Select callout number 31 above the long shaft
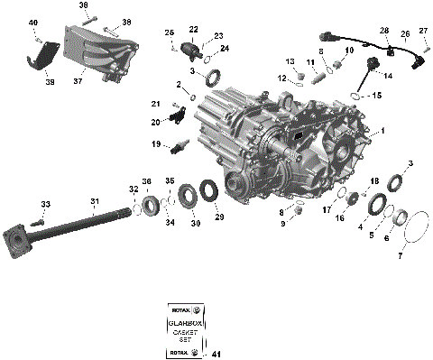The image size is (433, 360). [94, 201]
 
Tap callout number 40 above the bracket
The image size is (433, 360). [33, 22]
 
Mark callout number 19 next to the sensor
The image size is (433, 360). [155, 143]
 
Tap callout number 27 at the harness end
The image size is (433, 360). [423, 32]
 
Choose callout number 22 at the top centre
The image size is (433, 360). [193, 29]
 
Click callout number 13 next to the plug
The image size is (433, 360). [290, 61]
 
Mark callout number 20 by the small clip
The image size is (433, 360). [155, 121]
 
